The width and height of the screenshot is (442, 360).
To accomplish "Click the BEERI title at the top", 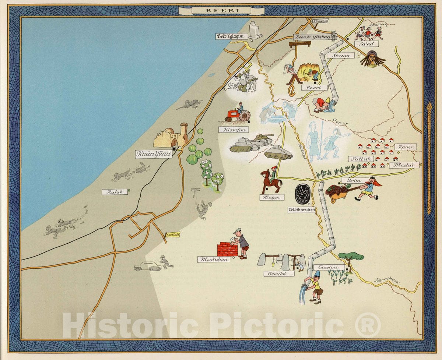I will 221,11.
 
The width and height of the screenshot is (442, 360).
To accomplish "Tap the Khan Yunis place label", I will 154,154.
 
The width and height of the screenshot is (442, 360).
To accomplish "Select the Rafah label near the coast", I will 114,192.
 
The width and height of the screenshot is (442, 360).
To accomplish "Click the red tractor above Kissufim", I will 233,115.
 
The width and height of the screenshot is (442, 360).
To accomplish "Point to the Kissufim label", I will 233,130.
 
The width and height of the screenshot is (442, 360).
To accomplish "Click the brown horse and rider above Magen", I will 271,181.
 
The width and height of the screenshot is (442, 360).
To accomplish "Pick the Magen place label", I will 272,197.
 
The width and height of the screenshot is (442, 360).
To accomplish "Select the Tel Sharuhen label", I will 302,210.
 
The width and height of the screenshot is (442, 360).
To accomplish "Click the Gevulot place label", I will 279,273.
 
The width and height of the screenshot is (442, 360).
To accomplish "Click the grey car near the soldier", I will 148,267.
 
